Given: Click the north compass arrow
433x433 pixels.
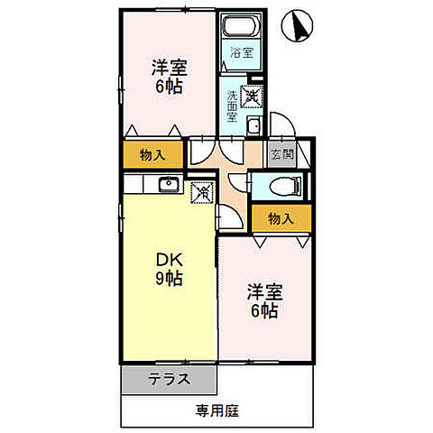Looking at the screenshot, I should pyautogui.click(x=296, y=26).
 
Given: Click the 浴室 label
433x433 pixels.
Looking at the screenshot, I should pyautogui.click(x=242, y=51).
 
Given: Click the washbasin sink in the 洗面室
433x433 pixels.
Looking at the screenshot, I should pyautogui.click(x=253, y=125).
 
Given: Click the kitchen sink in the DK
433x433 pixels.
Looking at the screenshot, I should pyautogui.click(x=168, y=186).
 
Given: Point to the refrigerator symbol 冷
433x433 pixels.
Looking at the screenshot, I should pyautogui.click(x=203, y=191).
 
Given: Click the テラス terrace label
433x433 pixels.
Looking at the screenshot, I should pyautogui.click(x=168, y=379).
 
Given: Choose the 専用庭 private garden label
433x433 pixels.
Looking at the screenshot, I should pyautogui.click(x=216, y=410).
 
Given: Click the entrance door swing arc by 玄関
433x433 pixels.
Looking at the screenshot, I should pyautogui.click(x=283, y=126).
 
